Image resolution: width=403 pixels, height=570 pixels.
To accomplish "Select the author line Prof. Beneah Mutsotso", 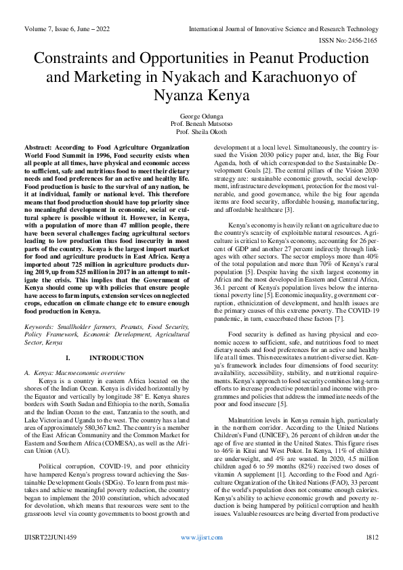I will tap(201, 124).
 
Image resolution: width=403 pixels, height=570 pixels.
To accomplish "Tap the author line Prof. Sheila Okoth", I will tap(201, 132).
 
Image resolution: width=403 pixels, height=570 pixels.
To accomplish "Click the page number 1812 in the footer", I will tap(371, 554).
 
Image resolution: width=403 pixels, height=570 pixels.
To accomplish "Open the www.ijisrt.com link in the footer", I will tap(200, 554).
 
